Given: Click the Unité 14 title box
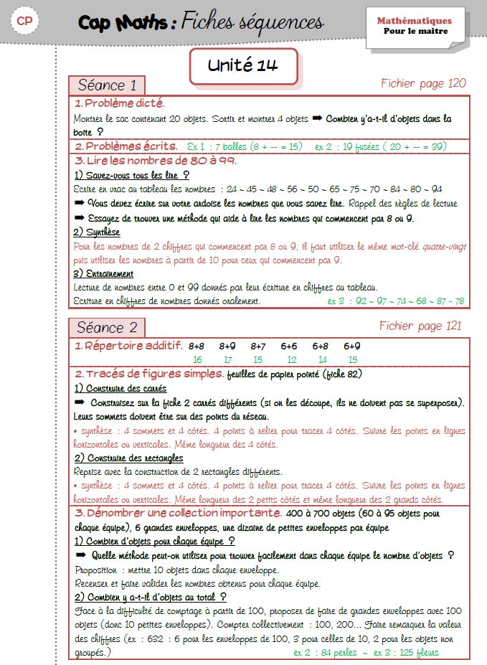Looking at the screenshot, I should click(243, 66).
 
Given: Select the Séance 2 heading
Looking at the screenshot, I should click(107, 328).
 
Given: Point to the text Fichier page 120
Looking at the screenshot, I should click(423, 84).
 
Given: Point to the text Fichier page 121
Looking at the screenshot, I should click(421, 326).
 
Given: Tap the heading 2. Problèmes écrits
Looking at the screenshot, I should click(126, 146).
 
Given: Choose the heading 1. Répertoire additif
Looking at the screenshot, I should click(129, 346).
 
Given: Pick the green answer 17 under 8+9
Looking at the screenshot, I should click(227, 359).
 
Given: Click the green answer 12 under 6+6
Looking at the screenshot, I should click(291, 359).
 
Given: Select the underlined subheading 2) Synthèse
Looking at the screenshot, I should click(97, 232).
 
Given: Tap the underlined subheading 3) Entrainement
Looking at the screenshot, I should click(104, 273).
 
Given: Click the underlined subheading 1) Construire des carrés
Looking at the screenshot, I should click(120, 388).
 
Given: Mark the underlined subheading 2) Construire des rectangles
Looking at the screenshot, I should click(128, 458).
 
